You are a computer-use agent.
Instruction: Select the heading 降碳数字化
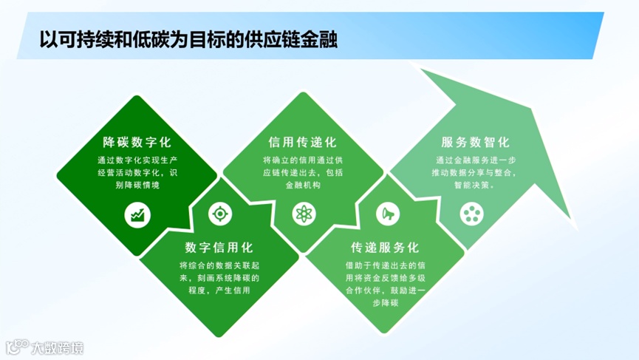coord(137,141)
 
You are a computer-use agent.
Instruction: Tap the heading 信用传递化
coord(303,141)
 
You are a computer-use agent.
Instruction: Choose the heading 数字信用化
coord(219,247)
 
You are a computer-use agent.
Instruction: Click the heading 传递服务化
coord(385,247)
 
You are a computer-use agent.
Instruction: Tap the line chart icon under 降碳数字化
coord(137,214)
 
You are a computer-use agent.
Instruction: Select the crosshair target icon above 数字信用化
coord(219,214)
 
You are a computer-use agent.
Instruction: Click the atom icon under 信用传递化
coord(303,214)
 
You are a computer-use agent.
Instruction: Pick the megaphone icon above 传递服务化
coord(385,214)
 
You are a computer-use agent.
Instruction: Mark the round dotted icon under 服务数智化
coord(469,214)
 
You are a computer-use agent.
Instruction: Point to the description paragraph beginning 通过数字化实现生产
coord(137,172)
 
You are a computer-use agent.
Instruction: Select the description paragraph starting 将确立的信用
coord(303,172)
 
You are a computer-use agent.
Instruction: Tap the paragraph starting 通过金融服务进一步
coord(475,172)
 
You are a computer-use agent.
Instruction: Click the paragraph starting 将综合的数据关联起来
coord(219,277)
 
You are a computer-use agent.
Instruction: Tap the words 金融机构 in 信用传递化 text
coord(302,186)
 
